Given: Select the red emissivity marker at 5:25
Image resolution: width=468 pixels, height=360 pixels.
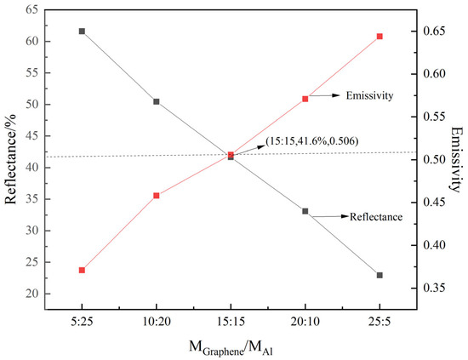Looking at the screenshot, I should coord(82,270).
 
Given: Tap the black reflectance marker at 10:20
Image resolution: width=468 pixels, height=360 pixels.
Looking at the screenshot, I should coord(156,101).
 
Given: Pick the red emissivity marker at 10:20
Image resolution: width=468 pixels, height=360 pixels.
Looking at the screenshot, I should coord(156,196).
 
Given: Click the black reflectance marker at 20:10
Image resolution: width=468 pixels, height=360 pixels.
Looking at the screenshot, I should coord(305,211).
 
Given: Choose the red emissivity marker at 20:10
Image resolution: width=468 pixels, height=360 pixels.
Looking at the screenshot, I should coord(305,99).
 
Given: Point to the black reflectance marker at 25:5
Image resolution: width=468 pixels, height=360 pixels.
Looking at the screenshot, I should coord(380,275).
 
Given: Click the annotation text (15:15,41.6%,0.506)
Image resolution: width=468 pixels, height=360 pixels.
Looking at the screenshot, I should coord(307,140).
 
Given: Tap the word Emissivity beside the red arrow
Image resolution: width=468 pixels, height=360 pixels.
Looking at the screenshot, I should coord(368,96).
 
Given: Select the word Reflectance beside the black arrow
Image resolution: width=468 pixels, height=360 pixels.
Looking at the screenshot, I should coord(375,217).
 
